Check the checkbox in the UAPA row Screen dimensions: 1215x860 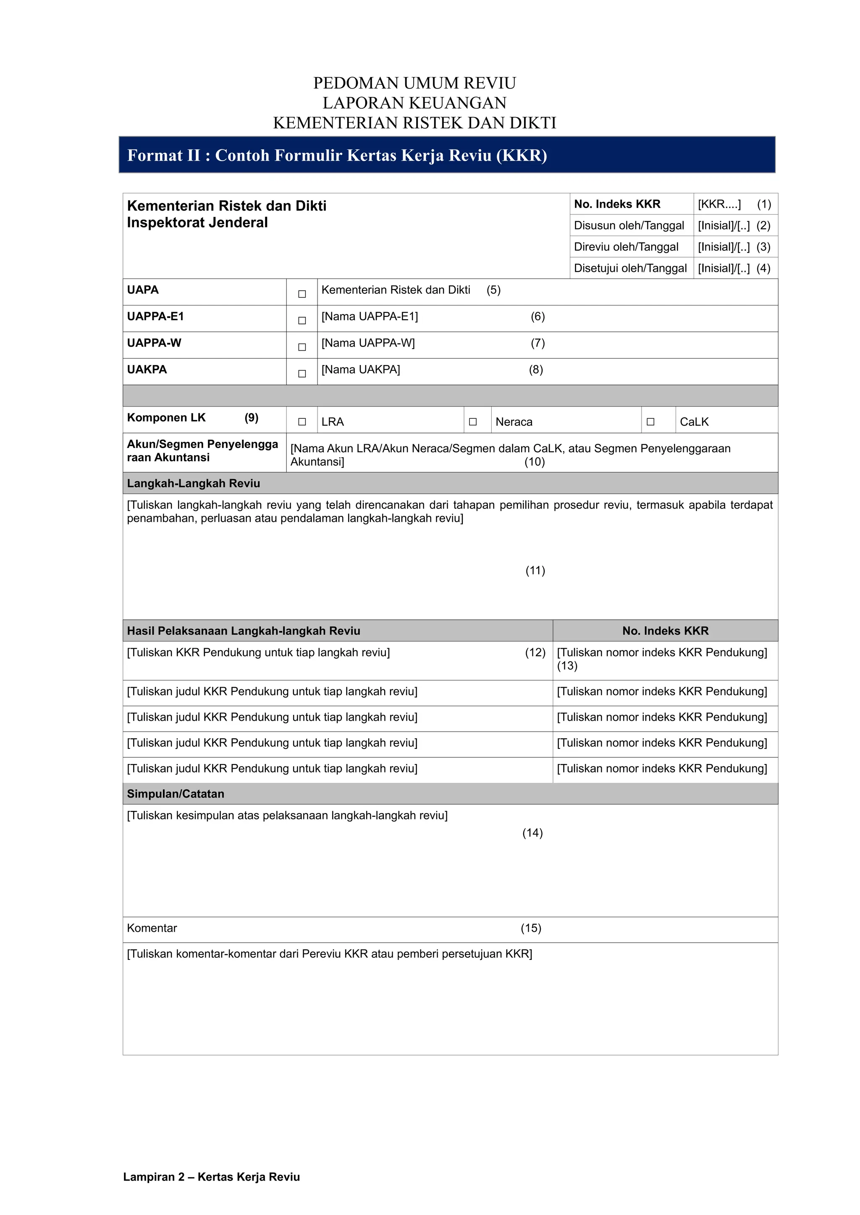click(x=302, y=294)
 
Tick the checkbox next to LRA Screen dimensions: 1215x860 click(x=302, y=422)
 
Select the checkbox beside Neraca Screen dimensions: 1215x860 click(x=473, y=422)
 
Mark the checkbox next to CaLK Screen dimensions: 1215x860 click(x=650, y=422)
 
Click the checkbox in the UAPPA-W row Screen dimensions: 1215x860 click(x=302, y=347)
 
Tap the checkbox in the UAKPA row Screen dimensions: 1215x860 click(x=302, y=373)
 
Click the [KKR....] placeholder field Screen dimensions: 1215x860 click(x=719, y=204)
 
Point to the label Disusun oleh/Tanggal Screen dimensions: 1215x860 click(x=629, y=225)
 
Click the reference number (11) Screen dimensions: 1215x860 click(x=535, y=571)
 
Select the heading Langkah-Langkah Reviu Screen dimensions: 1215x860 click(x=193, y=483)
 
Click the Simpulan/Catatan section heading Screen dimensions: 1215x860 click(x=175, y=794)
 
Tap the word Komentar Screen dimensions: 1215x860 click(x=152, y=928)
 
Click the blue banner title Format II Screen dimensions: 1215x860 click(x=337, y=155)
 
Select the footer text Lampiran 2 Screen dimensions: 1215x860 click(x=211, y=1177)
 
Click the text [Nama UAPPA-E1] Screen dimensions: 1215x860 click(x=370, y=316)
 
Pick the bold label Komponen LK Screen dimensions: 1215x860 click(x=166, y=417)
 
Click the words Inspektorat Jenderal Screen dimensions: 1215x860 click(x=197, y=223)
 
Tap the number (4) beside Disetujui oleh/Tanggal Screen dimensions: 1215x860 click(x=763, y=268)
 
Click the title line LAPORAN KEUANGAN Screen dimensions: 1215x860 click(x=414, y=103)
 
